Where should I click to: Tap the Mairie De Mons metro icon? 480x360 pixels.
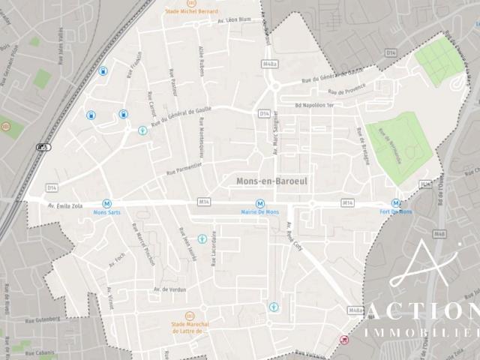coord(259,203)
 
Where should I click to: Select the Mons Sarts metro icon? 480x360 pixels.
coord(107,203)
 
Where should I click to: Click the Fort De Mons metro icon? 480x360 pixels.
coord(395,203)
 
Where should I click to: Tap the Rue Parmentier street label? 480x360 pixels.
coord(181,167)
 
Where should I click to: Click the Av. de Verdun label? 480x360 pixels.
coord(169,289)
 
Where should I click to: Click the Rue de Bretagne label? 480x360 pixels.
coord(361,143)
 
